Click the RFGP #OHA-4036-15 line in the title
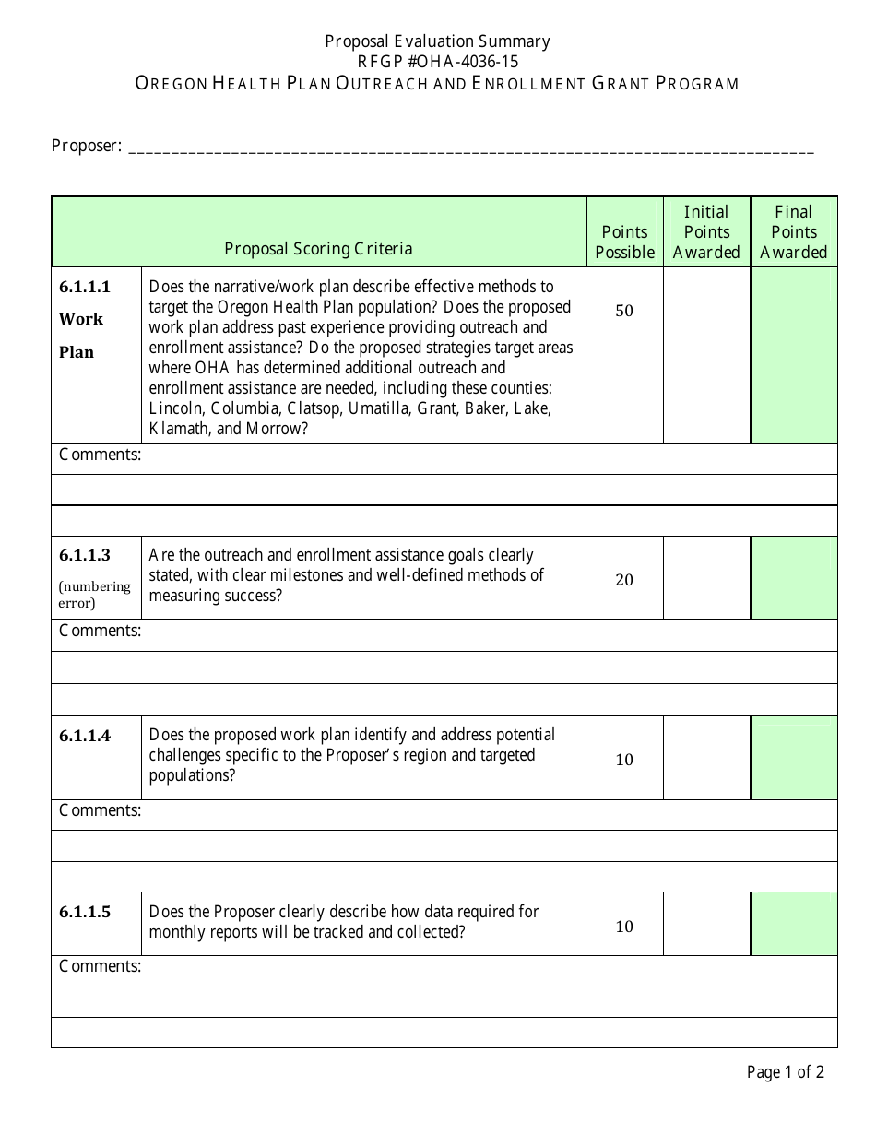[x=437, y=62]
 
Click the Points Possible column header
[x=624, y=242]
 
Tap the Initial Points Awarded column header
[x=706, y=232]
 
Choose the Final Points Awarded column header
[x=794, y=232]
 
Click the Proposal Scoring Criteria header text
[x=318, y=249]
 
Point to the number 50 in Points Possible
[x=624, y=311]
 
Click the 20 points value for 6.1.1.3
[x=624, y=580]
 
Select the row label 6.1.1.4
[x=85, y=736]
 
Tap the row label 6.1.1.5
[x=85, y=912]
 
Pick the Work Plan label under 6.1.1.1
[x=81, y=336]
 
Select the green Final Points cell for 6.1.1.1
[x=794, y=355]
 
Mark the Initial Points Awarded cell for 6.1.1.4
[x=706, y=758]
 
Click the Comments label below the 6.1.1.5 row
[x=100, y=966]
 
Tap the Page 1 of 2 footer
[x=785, y=1071]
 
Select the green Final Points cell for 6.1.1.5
[x=794, y=924]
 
